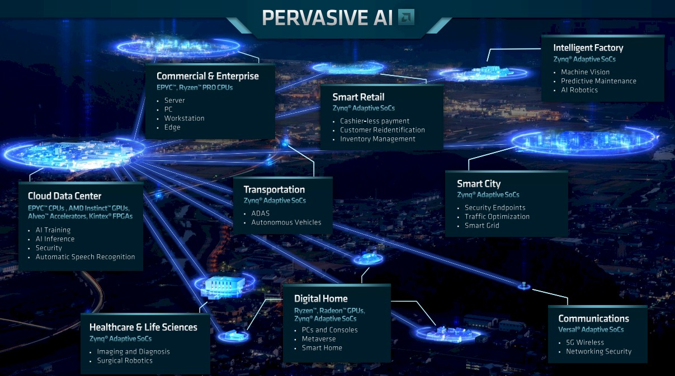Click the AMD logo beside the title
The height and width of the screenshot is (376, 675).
406,17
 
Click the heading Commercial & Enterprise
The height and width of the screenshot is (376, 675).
207,76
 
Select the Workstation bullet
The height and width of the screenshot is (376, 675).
184,118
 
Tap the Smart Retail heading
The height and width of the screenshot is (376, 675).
358,97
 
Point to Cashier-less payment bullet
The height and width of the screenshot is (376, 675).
375,121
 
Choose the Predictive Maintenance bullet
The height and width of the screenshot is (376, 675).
598,81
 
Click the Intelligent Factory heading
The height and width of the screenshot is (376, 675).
588,48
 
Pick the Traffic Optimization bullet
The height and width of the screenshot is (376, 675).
497,216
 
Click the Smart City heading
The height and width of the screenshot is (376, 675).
479,184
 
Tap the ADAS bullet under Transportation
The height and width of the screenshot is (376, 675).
261,213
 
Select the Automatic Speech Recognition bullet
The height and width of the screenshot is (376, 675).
85,257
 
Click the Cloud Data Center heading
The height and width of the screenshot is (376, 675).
64,196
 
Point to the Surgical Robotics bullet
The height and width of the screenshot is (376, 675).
125,361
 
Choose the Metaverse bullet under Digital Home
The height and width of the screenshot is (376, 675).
319,339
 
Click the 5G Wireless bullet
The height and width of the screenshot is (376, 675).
585,342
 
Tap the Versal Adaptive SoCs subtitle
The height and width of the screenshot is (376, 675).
591,330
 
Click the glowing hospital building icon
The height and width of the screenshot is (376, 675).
224,287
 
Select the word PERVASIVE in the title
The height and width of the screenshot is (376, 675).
314,18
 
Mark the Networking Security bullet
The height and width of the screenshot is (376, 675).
599,351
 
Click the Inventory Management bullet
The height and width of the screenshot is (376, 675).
377,139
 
